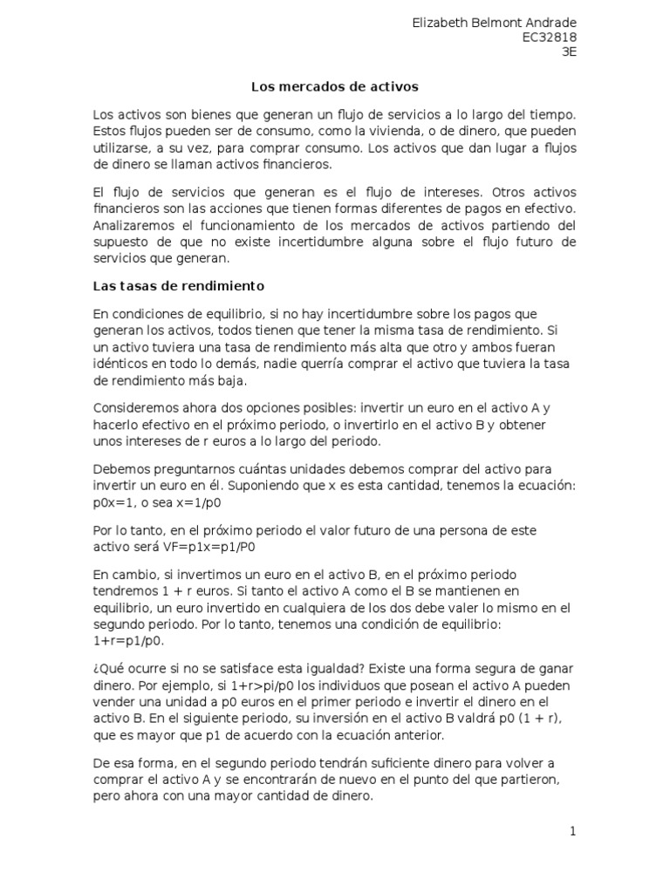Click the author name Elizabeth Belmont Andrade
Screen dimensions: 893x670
point(494,22)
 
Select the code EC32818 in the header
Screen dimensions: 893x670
point(549,37)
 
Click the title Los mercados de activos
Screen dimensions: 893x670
point(335,87)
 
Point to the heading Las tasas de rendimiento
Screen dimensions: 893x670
point(178,286)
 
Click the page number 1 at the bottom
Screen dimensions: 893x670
point(573,831)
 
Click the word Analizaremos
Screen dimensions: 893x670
point(133,225)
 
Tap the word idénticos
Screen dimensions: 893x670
point(120,364)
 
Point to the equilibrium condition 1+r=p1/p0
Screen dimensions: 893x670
point(128,640)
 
